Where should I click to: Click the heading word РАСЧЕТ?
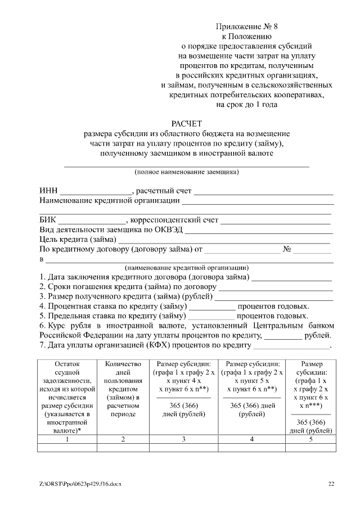pyautogui.click(x=186, y=123)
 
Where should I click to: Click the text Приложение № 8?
pyautogui.click(x=246, y=26)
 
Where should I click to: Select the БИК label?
pyautogui.click(x=48, y=219)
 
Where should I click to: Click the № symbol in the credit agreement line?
pyautogui.click(x=286, y=249)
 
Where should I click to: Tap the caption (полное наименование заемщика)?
pyautogui.click(x=186, y=172)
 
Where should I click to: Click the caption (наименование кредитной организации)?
pyautogui.click(x=186, y=268)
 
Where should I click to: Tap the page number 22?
pyautogui.click(x=331, y=484)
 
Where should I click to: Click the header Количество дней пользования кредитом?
pyautogui.click(x=123, y=389)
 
